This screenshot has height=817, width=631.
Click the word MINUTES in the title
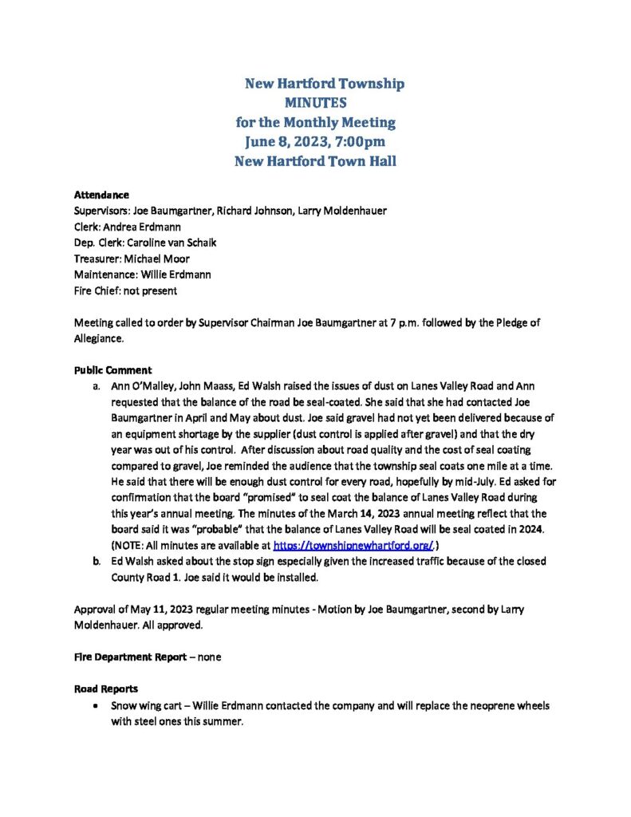[315, 103]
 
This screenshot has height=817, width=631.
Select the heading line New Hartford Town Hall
[315, 161]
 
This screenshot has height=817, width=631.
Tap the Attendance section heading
[101, 195]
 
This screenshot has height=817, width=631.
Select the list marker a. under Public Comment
[97, 386]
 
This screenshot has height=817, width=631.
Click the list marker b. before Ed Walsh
[97, 562]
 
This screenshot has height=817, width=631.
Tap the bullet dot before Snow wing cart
[97, 706]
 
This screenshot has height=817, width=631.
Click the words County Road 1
[140, 578]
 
